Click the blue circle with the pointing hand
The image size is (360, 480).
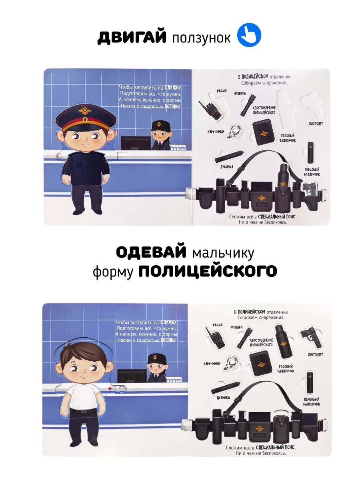click(x=249, y=35)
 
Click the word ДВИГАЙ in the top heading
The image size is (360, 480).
click(x=132, y=37)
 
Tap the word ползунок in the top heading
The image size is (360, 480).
click(x=201, y=38)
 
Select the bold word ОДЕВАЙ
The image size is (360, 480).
click(x=151, y=252)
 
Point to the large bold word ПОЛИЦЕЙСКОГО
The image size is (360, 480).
click(x=208, y=271)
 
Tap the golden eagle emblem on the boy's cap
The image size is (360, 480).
click(x=84, y=111)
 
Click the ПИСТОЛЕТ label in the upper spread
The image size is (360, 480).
click(x=316, y=124)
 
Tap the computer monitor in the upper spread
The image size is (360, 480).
click(x=136, y=143)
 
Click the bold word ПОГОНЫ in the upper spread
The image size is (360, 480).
click(x=172, y=106)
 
